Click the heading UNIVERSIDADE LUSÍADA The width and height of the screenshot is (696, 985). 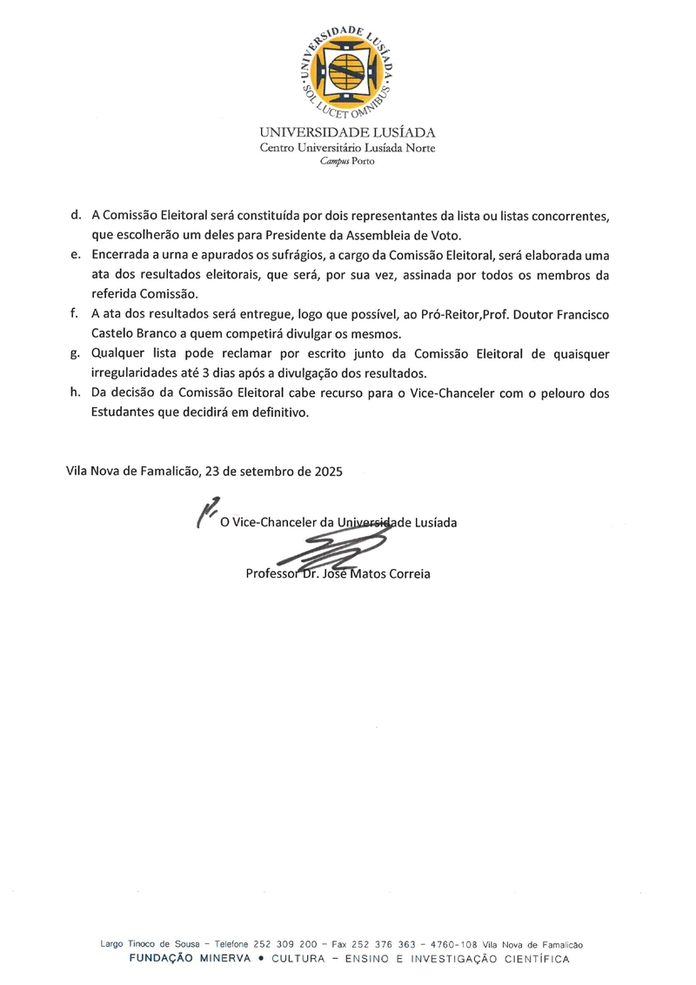347,132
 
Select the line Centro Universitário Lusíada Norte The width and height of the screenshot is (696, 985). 347,148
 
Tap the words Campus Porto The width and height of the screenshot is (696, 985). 347,162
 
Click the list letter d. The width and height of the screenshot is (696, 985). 76,215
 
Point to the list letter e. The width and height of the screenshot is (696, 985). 76,254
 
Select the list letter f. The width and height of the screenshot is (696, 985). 76,313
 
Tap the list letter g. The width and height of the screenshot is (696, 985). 76,353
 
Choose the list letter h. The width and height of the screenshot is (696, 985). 76,393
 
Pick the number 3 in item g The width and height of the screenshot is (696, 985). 213,373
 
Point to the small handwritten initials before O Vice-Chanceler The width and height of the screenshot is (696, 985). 206,511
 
